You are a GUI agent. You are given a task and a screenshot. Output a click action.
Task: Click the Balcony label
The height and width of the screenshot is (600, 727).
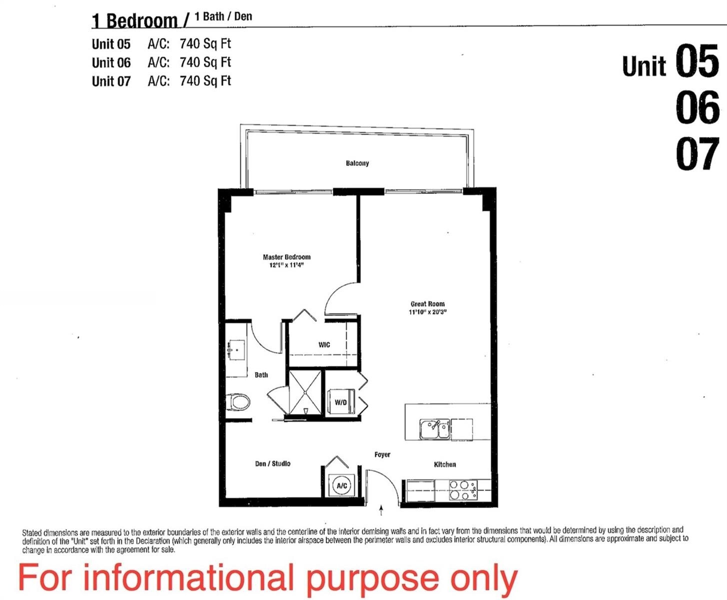(357, 163)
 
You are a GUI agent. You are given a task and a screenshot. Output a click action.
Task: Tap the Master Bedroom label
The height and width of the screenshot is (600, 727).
(286, 257)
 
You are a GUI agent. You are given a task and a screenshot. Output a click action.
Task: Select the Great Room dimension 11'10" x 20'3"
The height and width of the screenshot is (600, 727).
(428, 312)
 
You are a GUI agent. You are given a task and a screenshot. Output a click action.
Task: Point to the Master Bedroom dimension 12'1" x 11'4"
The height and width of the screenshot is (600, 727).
(286, 265)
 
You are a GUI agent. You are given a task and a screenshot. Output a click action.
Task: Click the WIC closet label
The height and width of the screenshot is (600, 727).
(324, 344)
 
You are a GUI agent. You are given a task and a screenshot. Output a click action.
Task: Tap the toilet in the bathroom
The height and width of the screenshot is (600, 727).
(238, 401)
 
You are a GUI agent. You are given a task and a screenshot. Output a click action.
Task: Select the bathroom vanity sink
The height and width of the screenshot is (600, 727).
(235, 350)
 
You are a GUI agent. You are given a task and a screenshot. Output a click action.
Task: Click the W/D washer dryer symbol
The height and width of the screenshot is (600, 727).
(341, 401)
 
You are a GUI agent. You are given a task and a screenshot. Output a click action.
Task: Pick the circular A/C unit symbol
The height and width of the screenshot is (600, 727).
(342, 485)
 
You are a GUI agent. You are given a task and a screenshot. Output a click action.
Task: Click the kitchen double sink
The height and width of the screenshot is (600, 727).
(435, 429)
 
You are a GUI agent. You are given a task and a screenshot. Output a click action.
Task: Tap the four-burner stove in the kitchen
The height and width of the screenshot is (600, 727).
(463, 490)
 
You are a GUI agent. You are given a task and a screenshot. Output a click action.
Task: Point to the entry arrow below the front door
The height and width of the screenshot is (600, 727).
(381, 510)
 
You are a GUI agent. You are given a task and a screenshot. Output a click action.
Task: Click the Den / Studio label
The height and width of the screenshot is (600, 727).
(273, 464)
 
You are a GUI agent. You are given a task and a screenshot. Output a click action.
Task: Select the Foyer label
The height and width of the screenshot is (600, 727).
(382, 454)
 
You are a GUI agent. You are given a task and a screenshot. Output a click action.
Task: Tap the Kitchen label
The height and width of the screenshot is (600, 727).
(445, 464)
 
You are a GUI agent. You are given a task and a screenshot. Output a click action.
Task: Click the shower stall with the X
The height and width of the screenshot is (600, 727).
(305, 392)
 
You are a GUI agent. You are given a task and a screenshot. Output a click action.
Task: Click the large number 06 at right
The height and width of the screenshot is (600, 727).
(698, 107)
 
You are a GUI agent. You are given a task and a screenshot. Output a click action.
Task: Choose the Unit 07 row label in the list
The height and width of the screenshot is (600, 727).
(111, 81)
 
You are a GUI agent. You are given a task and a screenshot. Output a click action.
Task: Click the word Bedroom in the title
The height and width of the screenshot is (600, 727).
(142, 21)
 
